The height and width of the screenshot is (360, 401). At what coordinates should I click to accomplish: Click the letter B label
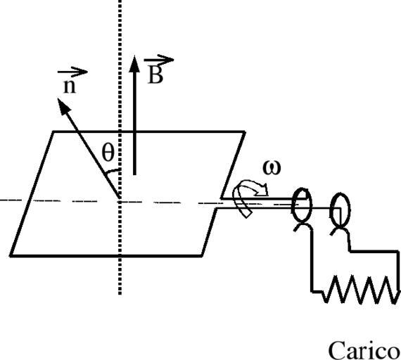tap(155, 75)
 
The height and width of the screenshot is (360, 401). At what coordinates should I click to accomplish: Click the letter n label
tap(70, 87)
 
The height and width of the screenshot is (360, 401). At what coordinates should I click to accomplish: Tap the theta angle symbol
tap(108, 152)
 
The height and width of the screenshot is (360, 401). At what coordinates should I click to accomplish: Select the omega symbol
tap(272, 168)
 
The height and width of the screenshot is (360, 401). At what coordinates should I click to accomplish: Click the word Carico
tap(364, 350)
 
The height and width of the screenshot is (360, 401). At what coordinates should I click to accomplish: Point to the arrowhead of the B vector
tap(134, 63)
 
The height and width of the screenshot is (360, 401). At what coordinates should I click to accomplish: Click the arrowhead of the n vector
tap(63, 105)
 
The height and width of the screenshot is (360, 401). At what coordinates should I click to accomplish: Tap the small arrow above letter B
tap(158, 60)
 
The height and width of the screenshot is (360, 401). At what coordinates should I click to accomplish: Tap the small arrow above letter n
tap(72, 72)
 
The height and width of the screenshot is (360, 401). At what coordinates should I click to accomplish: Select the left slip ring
tap(302, 205)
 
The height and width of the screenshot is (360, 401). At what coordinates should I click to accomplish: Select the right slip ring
tap(340, 210)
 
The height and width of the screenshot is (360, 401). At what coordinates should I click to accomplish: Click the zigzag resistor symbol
tap(361, 290)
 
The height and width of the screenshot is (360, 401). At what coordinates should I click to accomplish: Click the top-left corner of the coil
tap(53, 131)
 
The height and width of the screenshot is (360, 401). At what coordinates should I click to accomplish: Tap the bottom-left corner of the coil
tap(11, 255)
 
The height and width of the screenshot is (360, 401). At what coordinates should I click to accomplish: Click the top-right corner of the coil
tap(245, 132)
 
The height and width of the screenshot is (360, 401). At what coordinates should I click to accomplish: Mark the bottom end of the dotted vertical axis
tap(120, 295)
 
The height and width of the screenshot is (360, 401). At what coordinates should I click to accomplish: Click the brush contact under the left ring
tap(303, 226)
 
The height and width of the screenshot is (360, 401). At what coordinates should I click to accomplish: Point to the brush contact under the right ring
tap(340, 231)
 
